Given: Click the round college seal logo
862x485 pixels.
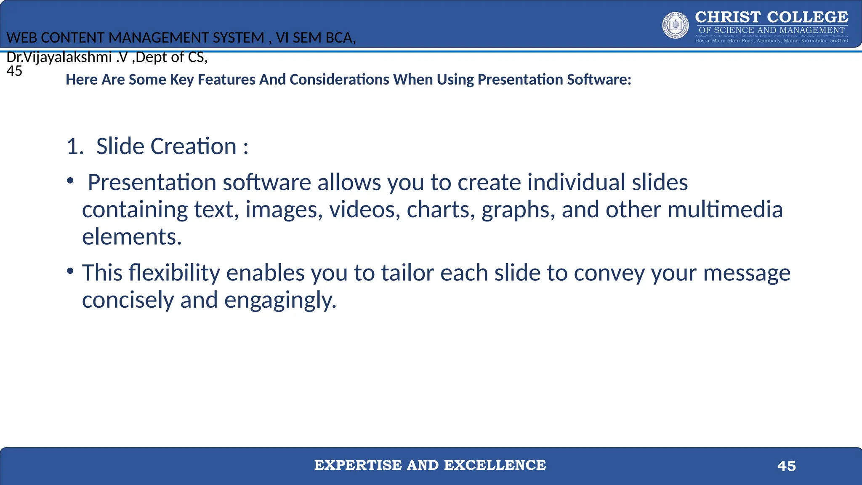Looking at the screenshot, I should (676, 25).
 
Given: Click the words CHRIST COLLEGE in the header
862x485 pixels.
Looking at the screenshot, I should (771, 17).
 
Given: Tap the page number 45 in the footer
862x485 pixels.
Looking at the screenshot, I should (786, 466).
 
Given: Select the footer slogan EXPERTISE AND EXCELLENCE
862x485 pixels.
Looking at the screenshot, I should (430, 465).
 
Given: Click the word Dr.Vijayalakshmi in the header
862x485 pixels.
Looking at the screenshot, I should (59, 57).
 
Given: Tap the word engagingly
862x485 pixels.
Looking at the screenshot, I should (280, 301).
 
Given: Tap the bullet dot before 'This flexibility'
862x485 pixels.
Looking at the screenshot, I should (70, 271).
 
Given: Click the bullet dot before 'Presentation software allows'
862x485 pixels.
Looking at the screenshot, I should (70, 181).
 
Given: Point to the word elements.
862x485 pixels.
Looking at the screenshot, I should (131, 237).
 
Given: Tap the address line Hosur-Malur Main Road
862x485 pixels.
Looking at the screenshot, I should (771, 41).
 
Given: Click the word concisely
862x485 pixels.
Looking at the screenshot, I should (128, 301).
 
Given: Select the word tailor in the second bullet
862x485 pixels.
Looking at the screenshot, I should (407, 273).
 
